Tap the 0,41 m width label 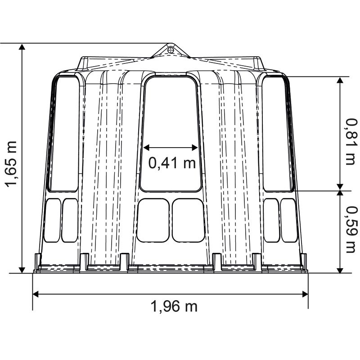pyautogui.click(x=172, y=163)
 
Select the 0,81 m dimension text pyautogui.click(x=352, y=142)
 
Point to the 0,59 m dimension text pyautogui.click(x=352, y=229)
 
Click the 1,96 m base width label pyautogui.click(x=174, y=306)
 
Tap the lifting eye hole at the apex pyautogui.click(x=171, y=49)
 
